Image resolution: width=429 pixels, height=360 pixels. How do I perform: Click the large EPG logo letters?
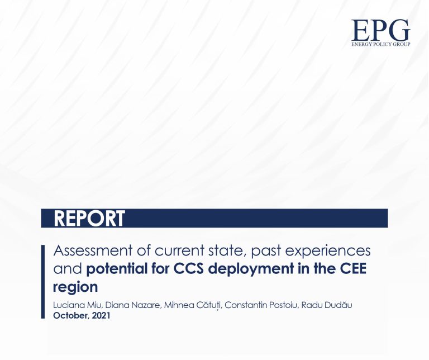[x=380, y=30]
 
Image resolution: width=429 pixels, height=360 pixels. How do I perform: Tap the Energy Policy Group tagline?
[x=380, y=44]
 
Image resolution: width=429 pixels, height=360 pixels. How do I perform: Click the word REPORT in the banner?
[x=89, y=219]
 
